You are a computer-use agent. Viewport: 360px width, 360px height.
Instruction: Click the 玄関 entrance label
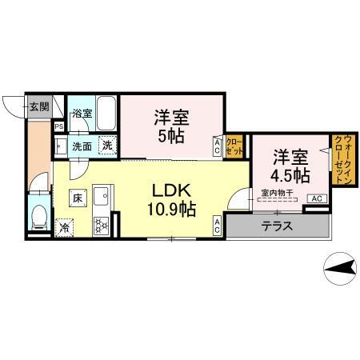pyautogui.click(x=39, y=106)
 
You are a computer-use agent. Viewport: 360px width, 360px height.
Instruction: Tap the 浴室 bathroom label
pyautogui.click(x=82, y=114)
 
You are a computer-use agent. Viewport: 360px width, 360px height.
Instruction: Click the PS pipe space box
pyautogui.click(x=58, y=126)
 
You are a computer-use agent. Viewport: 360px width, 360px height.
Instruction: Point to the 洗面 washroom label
pyautogui.click(x=82, y=146)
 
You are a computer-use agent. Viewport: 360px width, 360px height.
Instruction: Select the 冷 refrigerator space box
pyautogui.click(x=63, y=226)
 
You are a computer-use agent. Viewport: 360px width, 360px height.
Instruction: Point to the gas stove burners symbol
pyautogui.click(x=101, y=224)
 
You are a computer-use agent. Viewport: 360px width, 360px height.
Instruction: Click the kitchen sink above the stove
pyautogui.click(x=101, y=198)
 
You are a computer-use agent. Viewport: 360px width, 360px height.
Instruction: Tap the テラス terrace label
pyautogui.click(x=277, y=226)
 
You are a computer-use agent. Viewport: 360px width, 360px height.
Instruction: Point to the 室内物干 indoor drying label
pyautogui.click(x=276, y=192)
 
